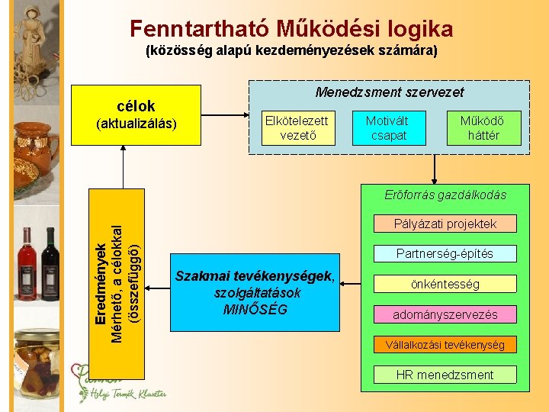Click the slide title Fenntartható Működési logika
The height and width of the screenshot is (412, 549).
291,29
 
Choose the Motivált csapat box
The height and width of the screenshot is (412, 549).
387,128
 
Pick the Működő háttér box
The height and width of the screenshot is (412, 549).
481,128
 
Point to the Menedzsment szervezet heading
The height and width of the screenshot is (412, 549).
390,92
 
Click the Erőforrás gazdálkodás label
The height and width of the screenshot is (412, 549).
445,195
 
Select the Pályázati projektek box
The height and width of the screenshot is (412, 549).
445,224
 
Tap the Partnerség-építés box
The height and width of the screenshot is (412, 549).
445,253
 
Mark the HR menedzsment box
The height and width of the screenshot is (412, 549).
445,375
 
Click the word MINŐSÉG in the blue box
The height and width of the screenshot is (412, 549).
255,309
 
